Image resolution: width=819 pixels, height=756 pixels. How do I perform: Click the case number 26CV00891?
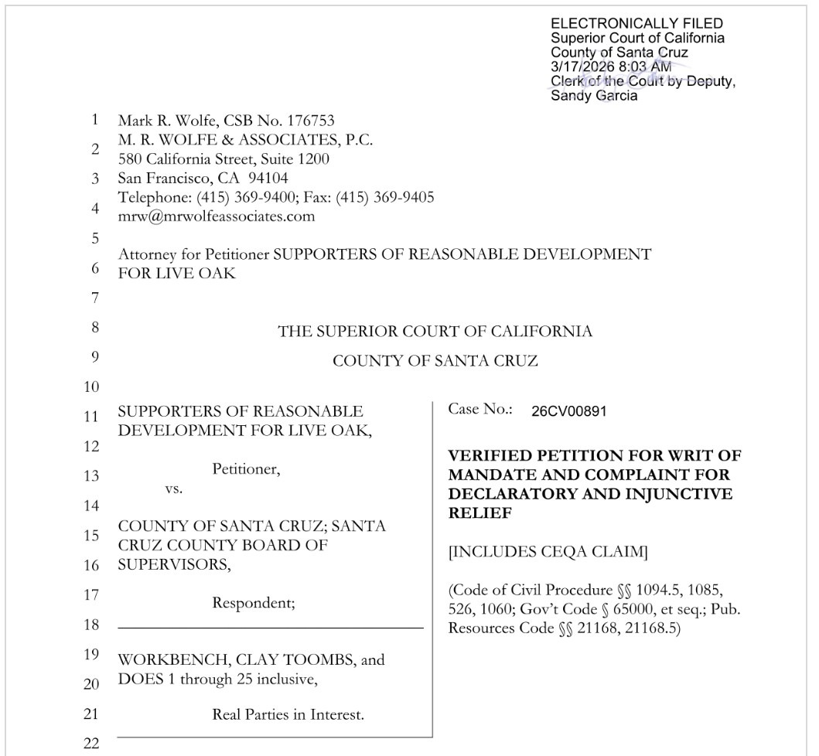(x=568, y=411)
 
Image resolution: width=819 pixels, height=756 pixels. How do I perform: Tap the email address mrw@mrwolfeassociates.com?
(x=216, y=216)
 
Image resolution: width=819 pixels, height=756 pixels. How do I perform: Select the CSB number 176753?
(x=310, y=121)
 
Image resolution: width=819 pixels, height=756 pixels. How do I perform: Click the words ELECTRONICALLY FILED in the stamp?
(x=636, y=24)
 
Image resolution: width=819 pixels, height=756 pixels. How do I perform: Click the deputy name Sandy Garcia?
(x=594, y=96)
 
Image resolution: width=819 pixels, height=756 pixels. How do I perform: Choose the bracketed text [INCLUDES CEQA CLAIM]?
(x=548, y=552)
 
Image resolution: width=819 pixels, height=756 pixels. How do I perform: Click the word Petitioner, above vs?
(x=246, y=469)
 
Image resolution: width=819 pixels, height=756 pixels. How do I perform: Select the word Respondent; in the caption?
(x=254, y=603)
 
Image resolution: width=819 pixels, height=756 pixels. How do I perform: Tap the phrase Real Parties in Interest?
(x=288, y=715)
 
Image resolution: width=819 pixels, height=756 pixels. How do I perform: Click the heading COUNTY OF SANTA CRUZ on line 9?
(x=435, y=361)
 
